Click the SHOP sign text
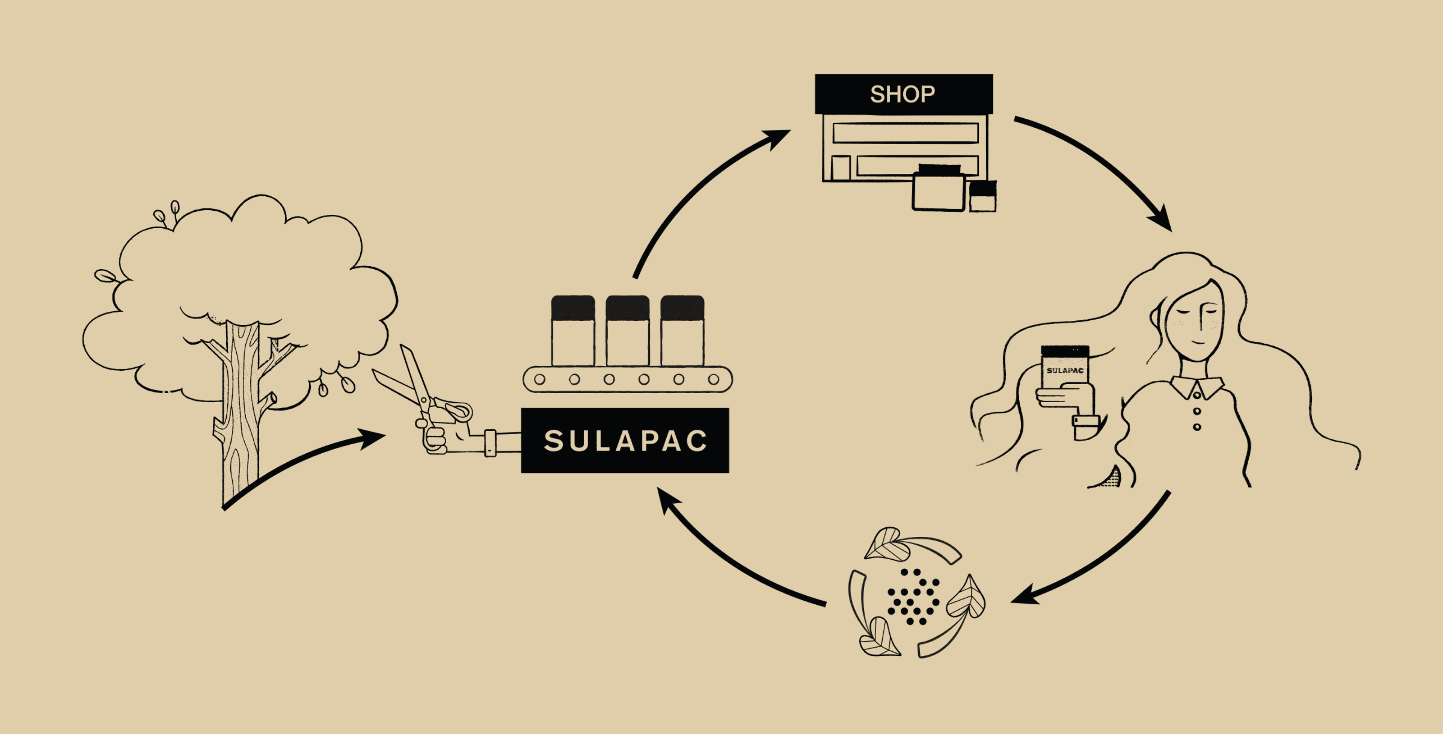[x=902, y=94]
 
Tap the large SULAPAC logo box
[x=625, y=440]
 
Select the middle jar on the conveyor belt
[x=627, y=331]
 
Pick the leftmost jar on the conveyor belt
[x=573, y=331]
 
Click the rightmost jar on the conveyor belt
[x=682, y=331]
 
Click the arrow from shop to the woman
[x=1106, y=162]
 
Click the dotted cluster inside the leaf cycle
[x=913, y=597]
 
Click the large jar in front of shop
[x=939, y=188]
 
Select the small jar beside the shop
[x=982, y=196]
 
